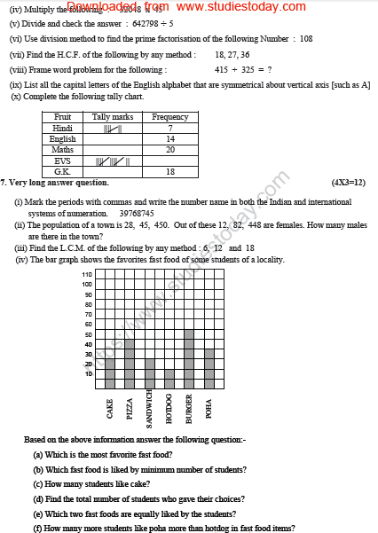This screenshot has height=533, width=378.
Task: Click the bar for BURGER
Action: click(x=188, y=359)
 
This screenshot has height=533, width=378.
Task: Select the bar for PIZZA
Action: click(x=130, y=364)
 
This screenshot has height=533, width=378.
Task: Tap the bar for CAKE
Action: click(x=110, y=373)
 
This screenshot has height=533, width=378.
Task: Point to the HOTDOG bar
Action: click(x=169, y=379)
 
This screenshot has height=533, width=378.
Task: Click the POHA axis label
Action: click(x=208, y=408)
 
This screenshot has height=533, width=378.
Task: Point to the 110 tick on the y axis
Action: click(x=87, y=275)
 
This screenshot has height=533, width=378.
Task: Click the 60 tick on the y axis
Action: click(x=87, y=324)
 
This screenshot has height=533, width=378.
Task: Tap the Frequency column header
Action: click(x=170, y=117)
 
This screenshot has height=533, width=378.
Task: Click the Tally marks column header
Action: click(x=112, y=117)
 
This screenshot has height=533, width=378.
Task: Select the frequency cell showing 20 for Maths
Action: click(x=170, y=150)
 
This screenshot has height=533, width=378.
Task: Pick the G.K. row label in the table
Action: click(x=63, y=171)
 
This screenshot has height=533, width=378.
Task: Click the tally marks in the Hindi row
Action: click(x=113, y=129)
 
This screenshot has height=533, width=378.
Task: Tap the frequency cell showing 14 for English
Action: click(x=170, y=139)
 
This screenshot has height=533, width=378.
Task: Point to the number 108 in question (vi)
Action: click(x=306, y=38)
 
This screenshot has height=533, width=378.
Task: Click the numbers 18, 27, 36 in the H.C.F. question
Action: click(x=232, y=54)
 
